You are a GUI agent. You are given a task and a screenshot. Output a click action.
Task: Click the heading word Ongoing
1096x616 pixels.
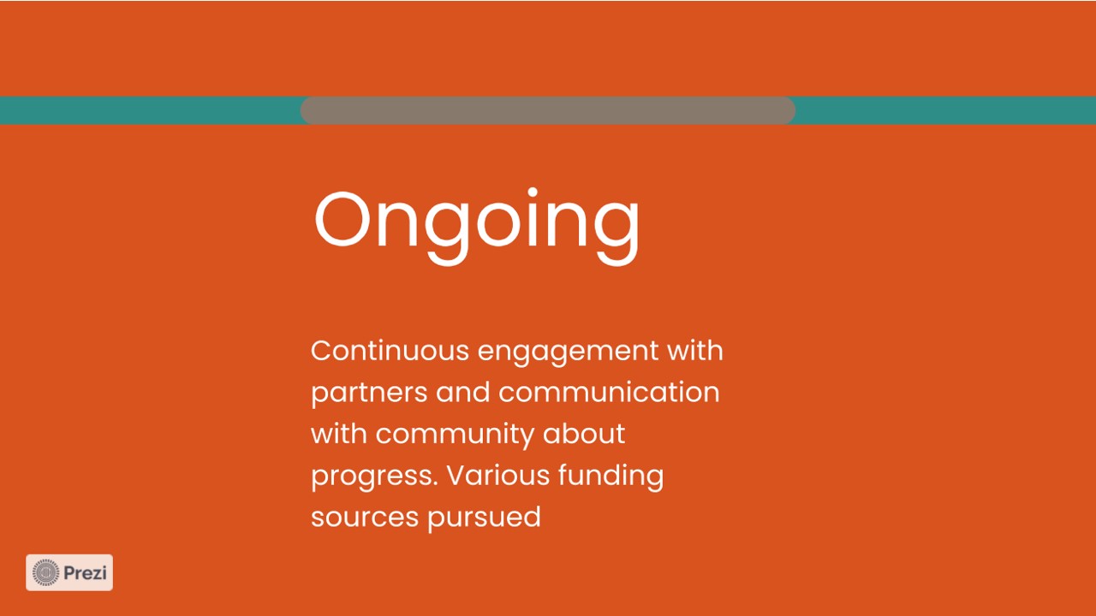point(477,227)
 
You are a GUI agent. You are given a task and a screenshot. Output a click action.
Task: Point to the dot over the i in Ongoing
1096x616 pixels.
point(533,192)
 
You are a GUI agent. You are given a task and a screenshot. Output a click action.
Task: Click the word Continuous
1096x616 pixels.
point(390,351)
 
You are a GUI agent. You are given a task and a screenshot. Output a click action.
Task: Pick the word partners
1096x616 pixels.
point(369,394)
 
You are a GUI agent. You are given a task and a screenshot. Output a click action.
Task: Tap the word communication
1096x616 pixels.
point(609,392)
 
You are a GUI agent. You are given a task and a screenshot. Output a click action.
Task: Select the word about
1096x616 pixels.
point(584,433)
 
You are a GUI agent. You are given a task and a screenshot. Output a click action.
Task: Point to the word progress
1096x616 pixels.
point(374,477)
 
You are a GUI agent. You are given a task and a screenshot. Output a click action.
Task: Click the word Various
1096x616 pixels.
point(498,475)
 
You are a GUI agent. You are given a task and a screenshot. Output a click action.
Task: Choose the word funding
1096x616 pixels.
point(611,477)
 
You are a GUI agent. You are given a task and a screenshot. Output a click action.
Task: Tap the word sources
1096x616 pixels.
point(365,518)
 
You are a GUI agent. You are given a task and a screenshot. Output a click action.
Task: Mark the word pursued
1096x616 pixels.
point(484,518)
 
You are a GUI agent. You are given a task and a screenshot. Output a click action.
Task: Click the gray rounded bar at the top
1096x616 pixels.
point(547,110)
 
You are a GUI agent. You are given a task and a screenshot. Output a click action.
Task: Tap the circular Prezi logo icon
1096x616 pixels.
point(45,572)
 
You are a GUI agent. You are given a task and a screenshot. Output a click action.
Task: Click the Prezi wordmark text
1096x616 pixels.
point(85,573)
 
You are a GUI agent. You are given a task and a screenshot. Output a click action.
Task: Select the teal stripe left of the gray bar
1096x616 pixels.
point(150,110)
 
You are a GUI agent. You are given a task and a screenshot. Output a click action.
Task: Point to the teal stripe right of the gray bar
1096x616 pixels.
point(945,110)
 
